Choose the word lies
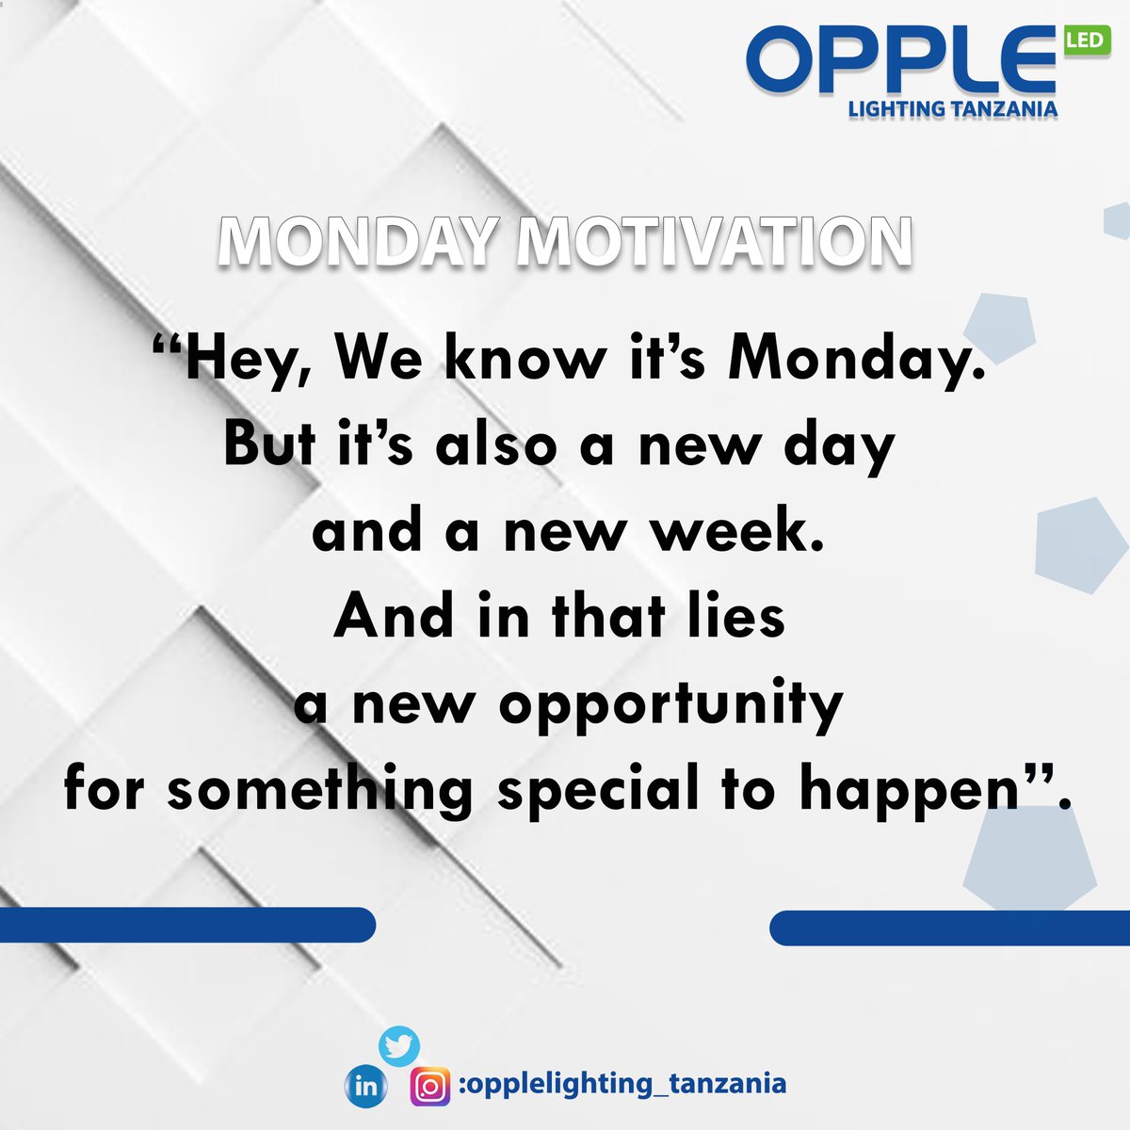click(735, 616)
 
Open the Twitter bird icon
click(398, 1045)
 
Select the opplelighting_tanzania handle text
click(624, 1083)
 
